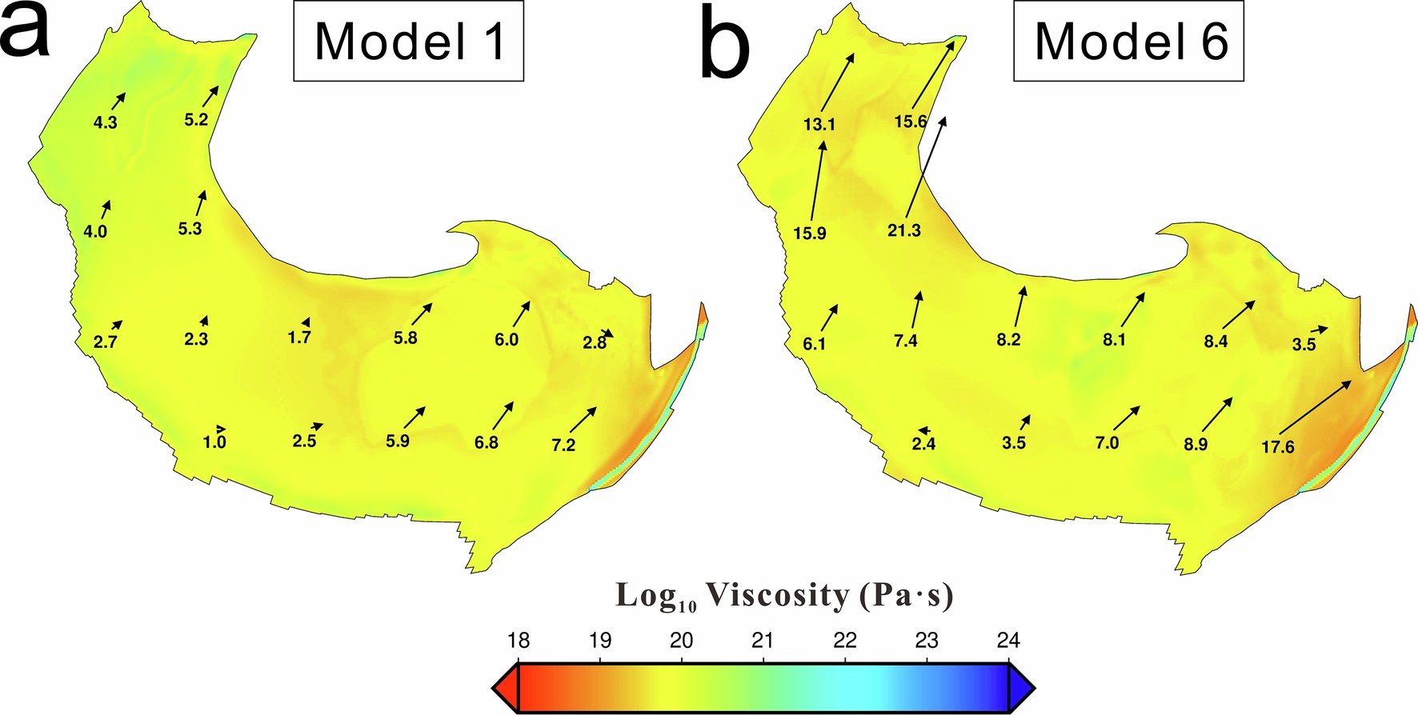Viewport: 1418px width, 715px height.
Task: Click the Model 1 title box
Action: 409,42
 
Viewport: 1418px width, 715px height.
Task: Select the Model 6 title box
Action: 1129,42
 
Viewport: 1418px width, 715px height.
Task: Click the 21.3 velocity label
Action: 903,231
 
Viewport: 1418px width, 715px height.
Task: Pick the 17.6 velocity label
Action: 1277,447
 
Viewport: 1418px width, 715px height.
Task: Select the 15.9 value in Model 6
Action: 810,234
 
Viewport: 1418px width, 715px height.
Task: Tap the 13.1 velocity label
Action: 819,124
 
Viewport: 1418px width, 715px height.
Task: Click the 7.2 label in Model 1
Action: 563,445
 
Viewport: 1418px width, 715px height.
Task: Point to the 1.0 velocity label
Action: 214,442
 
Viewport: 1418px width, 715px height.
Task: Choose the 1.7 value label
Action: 299,338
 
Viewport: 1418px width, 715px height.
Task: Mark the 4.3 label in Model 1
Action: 106,123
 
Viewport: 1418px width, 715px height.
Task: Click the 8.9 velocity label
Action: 1196,445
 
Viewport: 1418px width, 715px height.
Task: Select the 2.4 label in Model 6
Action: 923,444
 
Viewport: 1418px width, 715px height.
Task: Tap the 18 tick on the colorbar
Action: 519,641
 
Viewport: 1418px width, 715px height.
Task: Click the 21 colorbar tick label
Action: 763,641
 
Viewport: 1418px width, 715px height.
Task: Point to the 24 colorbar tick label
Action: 1008,641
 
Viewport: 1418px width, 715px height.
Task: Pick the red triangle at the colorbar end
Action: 505,688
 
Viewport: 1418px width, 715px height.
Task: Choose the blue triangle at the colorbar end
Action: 1022,688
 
